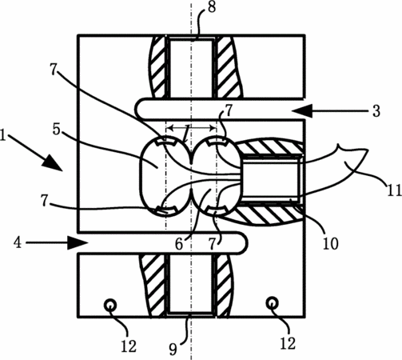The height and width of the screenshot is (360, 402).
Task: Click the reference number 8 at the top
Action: pos(212,7)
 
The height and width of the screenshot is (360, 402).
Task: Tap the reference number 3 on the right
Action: pos(376,111)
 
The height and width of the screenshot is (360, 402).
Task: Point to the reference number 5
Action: pos(56,129)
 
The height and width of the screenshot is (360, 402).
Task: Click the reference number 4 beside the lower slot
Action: pos(18,243)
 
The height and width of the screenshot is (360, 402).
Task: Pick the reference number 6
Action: pos(179,244)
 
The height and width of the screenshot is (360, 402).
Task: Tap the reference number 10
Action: pos(331,243)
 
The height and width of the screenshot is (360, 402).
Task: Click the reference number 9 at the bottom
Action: pos(173,349)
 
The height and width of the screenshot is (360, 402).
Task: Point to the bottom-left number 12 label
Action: pos(129,346)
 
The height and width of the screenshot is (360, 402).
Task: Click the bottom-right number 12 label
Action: pos(288,343)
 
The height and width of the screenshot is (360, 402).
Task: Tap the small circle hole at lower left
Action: pos(110,305)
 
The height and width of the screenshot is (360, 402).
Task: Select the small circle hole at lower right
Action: pos(273,303)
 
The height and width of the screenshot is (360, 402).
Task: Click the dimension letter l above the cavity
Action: pos(187,133)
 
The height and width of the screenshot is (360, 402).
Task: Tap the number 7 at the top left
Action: pos(54,70)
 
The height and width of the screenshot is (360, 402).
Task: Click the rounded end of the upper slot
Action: pos(140,108)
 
